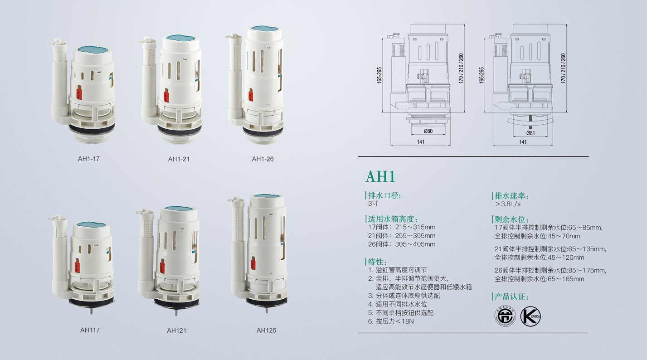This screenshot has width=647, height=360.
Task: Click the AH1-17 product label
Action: (89, 159)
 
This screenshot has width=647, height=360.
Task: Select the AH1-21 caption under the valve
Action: (179, 159)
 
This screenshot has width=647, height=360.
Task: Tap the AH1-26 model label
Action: (263, 159)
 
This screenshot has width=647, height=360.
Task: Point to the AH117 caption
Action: (90, 330)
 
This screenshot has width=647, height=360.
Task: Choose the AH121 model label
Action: (176, 330)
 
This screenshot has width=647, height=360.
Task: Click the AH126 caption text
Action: (266, 330)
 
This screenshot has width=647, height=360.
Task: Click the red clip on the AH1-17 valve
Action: (79, 92)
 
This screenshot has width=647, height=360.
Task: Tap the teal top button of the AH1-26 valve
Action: (266, 28)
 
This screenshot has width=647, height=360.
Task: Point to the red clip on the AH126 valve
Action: (253, 263)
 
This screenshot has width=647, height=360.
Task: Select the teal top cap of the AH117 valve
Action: (91, 224)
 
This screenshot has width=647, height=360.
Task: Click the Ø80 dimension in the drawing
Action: (428, 131)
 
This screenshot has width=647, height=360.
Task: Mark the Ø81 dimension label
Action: (530, 133)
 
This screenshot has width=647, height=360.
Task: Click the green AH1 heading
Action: (380, 176)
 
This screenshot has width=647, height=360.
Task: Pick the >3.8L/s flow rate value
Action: (508, 204)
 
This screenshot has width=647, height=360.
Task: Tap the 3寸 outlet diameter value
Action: (373, 204)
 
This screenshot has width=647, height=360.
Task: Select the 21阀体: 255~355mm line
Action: (402, 235)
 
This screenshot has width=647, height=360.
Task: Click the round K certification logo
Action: (530, 316)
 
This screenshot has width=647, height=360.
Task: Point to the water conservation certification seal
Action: (505, 316)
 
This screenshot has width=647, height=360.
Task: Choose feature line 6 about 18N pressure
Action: (391, 321)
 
